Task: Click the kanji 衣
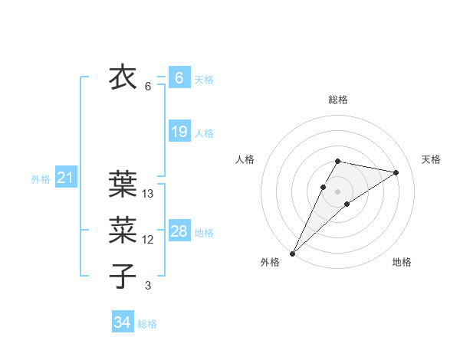123,77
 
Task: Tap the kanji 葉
123,184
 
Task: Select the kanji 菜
123,229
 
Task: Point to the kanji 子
123,276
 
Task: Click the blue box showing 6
179,77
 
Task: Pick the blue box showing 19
179,132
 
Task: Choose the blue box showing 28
179,231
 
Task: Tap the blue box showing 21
65,178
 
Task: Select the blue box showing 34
122,322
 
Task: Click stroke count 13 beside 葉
148,195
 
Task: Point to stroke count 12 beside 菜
148,240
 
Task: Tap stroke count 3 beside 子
148,286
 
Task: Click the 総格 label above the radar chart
338,100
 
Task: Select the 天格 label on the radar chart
431,159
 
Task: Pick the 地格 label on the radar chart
402,262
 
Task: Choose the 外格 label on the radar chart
270,262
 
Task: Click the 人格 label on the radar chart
245,159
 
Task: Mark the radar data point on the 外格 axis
292,253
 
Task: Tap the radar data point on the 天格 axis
396,172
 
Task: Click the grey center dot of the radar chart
338,191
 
